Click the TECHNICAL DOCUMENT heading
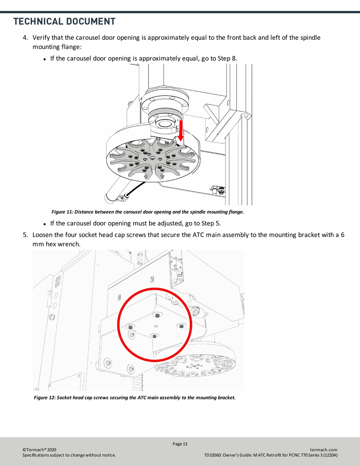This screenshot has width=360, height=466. tap(64, 22)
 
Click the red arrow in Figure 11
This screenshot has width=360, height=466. tap(181, 130)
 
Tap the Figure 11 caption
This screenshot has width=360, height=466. tap(148, 212)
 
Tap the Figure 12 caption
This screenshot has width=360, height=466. tap(135, 398)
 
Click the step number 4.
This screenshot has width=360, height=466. tap(25, 38)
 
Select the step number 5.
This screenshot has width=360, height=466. tap(25, 235)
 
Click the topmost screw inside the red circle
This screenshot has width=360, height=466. tap(157, 315)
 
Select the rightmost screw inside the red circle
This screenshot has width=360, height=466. tap(181, 326)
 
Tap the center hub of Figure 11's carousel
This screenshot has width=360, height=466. tap(152, 158)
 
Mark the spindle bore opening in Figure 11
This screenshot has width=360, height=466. tap(164, 124)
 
